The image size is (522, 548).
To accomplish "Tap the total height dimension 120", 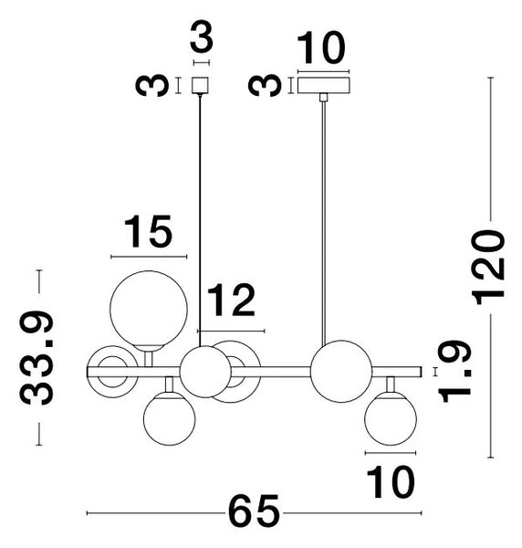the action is click(x=488, y=268).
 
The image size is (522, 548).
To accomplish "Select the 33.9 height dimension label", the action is click(x=37, y=357).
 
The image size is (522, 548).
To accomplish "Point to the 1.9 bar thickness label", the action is click(x=455, y=371).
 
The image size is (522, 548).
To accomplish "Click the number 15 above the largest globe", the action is click(x=148, y=231).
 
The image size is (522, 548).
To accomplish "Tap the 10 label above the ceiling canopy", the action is click(x=321, y=47).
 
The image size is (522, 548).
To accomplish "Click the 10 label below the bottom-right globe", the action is click(x=391, y=481).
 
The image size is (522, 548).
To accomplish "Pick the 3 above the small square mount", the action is click(x=202, y=37).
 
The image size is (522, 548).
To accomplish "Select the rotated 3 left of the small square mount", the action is click(x=152, y=85).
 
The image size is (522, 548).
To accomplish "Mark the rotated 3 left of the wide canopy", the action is click(x=265, y=85).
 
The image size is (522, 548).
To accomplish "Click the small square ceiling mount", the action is click(x=201, y=85).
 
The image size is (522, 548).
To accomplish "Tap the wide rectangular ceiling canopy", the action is click(x=324, y=85).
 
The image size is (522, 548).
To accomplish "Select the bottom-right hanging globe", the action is click(x=391, y=418).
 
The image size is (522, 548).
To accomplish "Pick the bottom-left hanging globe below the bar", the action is click(x=170, y=418).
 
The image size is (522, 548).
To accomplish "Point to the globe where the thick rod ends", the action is click(x=341, y=371).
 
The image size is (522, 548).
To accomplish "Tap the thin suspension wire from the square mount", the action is click(x=200, y=220).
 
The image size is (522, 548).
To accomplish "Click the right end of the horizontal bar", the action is click(x=421, y=372).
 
